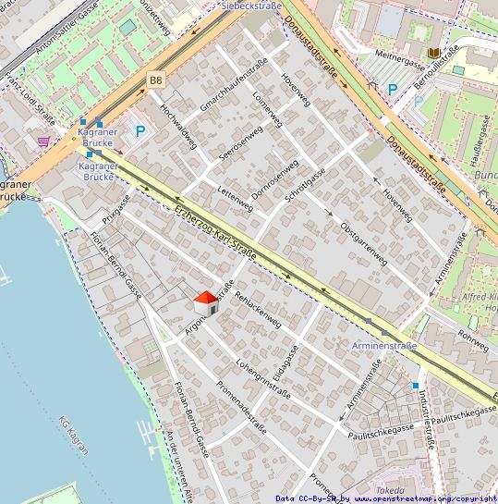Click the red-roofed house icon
point(206,301)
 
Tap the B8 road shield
point(155,81)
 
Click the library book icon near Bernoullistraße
point(434,55)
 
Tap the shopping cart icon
point(43,141)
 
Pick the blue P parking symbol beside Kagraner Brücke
point(140,131)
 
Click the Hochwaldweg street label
point(178,125)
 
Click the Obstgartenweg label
point(362,243)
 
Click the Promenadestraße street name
point(240,408)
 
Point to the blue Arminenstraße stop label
point(384,346)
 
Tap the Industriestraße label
point(426,417)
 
